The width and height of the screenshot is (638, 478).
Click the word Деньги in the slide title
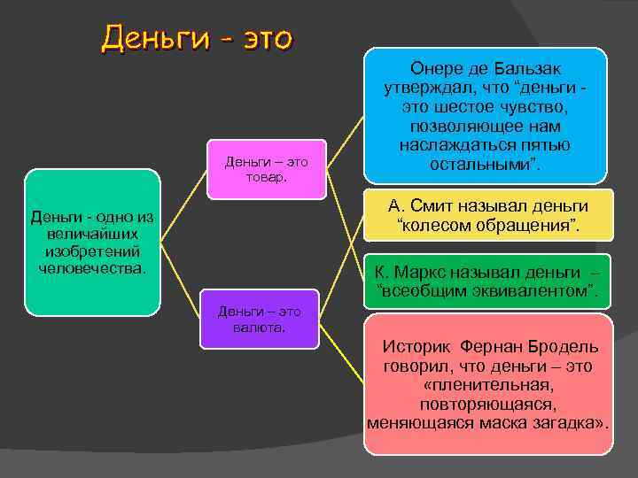pyautogui.click(x=154, y=38)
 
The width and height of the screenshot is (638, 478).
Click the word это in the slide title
pyautogui.click(x=261, y=38)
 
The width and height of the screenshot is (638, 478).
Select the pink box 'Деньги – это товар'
pyautogui.click(x=267, y=169)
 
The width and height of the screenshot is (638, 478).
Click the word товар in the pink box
pyautogui.click(x=267, y=177)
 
